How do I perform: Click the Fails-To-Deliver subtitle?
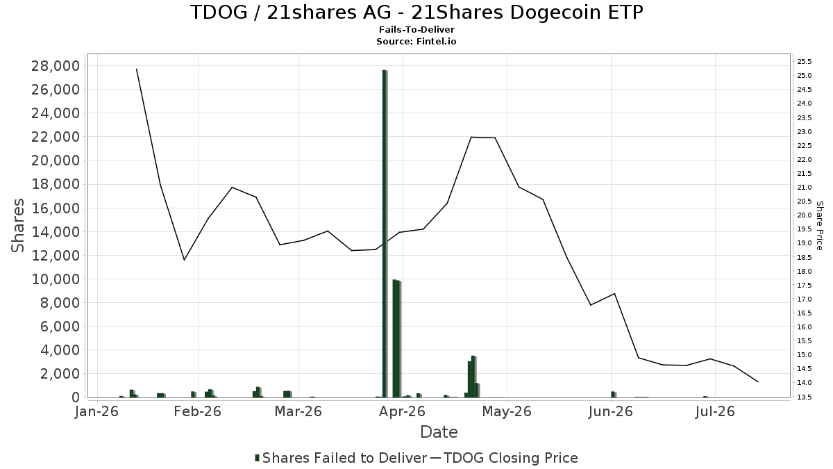416,29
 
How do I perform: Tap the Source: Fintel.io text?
416,41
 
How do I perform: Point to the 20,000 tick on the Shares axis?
56,161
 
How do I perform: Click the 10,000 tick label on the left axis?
56,279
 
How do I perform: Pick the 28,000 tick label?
56,66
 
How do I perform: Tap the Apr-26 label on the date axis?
402,411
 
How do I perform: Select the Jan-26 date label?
96,411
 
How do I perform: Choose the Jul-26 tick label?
715,411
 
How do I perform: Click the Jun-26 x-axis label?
610,411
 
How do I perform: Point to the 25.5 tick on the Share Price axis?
805,61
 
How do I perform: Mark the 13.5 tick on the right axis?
805,397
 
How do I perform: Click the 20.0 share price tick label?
805,215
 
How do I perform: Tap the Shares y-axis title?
17,226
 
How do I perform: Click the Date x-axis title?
439,432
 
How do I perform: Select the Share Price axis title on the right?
820,226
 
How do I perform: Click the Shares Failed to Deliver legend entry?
341,458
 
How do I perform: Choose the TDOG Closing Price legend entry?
504,458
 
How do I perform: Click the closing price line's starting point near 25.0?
137,69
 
